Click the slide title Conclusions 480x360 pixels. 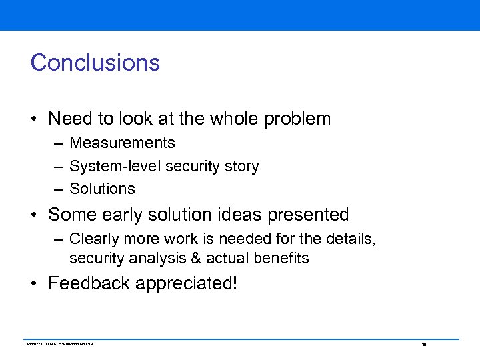(x=95, y=63)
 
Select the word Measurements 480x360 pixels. (x=122, y=143)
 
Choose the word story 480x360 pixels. (x=241, y=166)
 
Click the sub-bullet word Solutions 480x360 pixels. (x=102, y=189)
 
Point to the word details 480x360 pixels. (x=352, y=239)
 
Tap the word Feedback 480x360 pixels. (x=89, y=283)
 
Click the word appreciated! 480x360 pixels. (x=187, y=284)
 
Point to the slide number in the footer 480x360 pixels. (x=423, y=345)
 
